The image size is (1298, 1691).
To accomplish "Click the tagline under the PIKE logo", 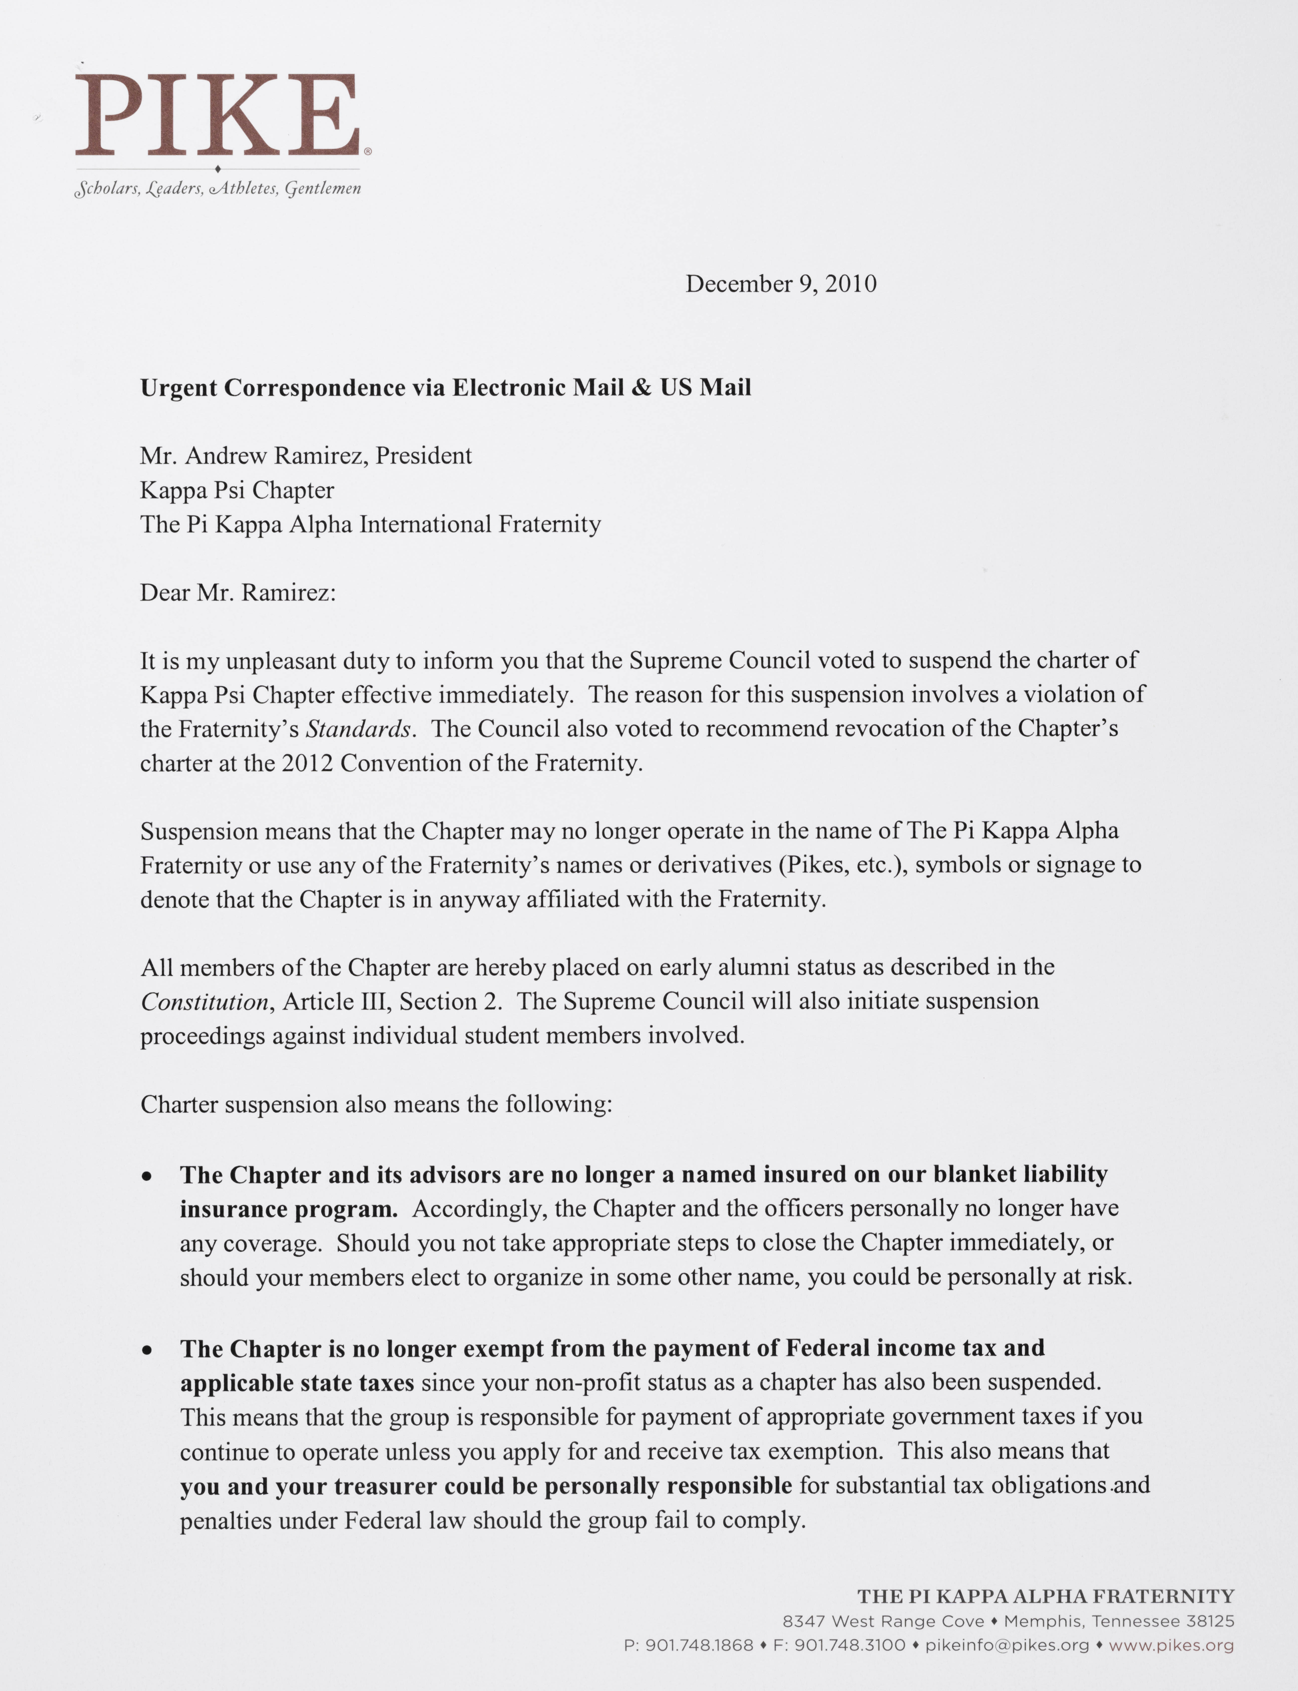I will coord(217,188).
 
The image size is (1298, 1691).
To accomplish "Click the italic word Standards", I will coord(358,729).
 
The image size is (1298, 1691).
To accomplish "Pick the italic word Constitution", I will coord(204,1002).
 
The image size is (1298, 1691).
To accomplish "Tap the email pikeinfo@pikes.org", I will coord(1007,1645).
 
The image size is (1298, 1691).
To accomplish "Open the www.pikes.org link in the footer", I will coord(1170,1645).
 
